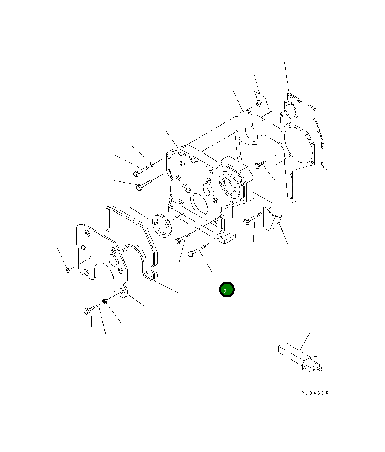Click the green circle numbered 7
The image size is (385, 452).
coord(227,289)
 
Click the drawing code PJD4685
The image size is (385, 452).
coord(314,393)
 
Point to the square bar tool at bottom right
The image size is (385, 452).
coord(299,357)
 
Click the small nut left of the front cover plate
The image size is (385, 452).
coord(68,270)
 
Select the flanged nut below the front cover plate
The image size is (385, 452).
coord(105,301)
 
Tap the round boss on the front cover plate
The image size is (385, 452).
coord(113,260)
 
